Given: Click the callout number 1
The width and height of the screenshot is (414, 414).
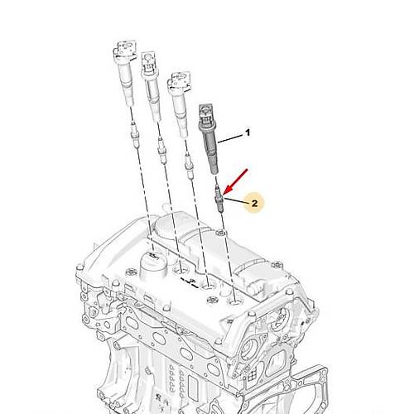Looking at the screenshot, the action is (248, 132).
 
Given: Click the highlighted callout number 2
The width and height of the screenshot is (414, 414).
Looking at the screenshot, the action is (254, 204).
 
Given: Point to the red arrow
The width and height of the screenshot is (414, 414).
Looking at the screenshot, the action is (236, 182).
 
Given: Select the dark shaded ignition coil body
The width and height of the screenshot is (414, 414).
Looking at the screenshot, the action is (209, 139).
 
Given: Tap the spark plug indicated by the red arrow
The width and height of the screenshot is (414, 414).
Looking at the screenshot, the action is (219, 199).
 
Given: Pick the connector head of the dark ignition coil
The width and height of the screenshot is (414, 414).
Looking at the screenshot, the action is (205, 113).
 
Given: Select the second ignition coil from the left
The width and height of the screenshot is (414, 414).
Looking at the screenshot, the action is (151, 86).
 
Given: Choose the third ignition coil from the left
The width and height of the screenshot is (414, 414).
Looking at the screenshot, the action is (180, 105).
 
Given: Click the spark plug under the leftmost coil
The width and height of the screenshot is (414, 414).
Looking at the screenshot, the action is (134, 135).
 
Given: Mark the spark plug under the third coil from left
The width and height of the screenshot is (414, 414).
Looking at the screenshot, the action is (189, 166).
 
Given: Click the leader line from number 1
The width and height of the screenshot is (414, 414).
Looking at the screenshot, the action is (230, 138).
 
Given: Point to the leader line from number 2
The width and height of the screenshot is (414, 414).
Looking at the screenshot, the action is (236, 200).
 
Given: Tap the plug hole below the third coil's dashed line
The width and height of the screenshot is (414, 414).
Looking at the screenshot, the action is (209, 287).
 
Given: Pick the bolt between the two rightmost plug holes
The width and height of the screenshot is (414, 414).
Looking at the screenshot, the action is (212, 300).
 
